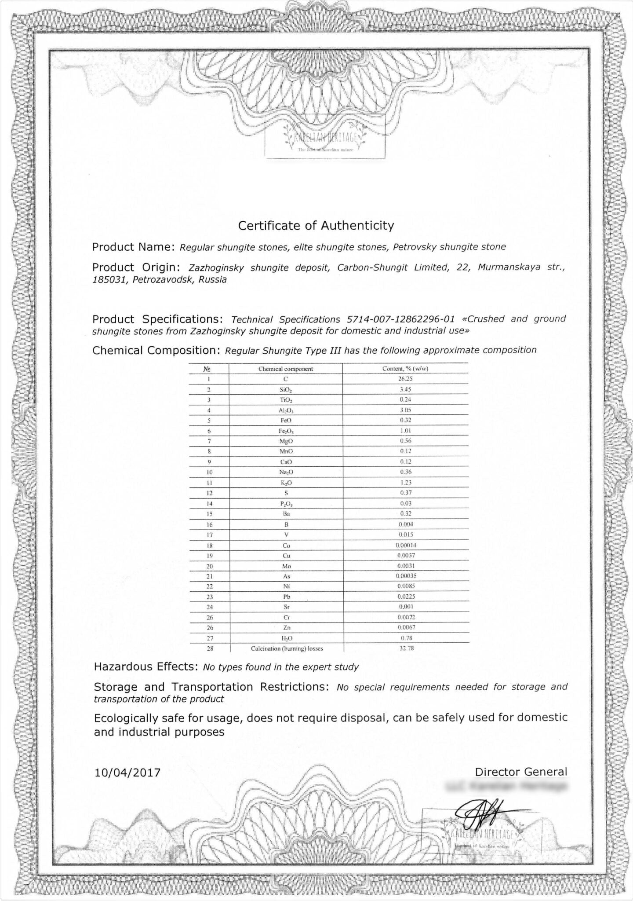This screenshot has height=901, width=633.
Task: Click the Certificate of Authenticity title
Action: click(316, 226)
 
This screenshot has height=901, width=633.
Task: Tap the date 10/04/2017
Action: click(127, 773)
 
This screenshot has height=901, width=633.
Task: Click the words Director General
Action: click(521, 772)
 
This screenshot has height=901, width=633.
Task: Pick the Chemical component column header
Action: click(286, 369)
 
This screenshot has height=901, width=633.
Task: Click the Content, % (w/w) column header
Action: click(405, 369)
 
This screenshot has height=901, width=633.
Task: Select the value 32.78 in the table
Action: click(407, 648)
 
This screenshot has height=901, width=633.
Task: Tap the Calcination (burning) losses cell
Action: click(290, 648)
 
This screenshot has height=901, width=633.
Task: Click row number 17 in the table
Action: click(210, 535)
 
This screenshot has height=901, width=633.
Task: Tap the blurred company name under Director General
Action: click(506, 786)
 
